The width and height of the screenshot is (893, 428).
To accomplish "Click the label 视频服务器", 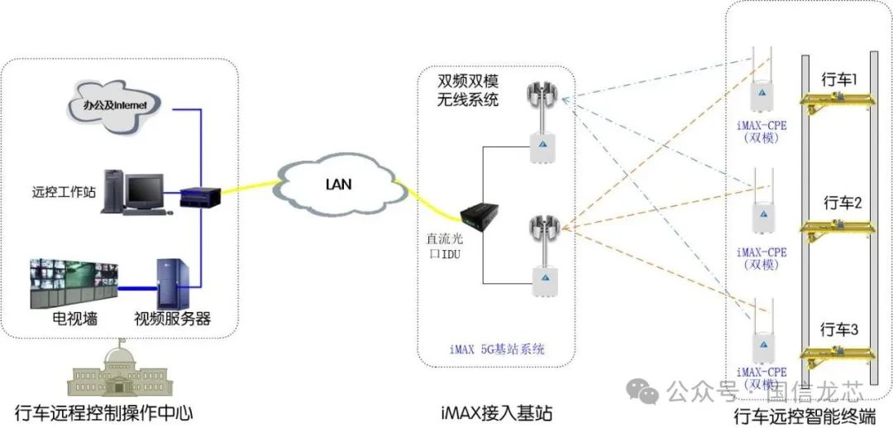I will [172, 320].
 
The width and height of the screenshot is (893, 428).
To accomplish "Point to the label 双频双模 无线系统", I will [468, 91].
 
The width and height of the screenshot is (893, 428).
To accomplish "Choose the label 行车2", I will [842, 203].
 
